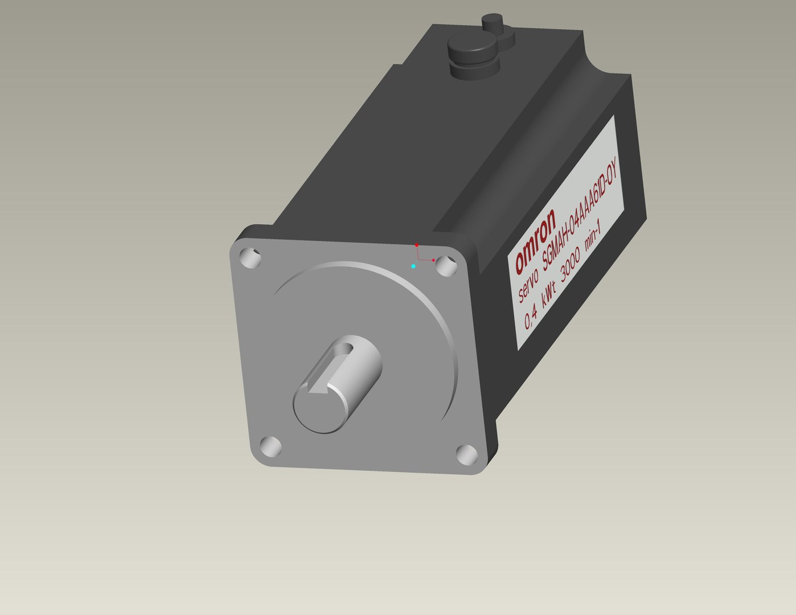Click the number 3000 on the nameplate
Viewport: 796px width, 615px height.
pyautogui.click(x=571, y=261)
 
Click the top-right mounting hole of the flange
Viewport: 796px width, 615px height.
pyautogui.click(x=448, y=265)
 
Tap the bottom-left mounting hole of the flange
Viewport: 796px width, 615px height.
pyautogui.click(x=270, y=446)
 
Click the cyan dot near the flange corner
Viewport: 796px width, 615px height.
pyautogui.click(x=413, y=266)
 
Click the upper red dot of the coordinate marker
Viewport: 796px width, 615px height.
pyautogui.click(x=417, y=245)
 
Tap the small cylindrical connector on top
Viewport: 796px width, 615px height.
pyautogui.click(x=493, y=23)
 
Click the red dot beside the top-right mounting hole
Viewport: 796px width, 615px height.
pyautogui.click(x=433, y=260)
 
